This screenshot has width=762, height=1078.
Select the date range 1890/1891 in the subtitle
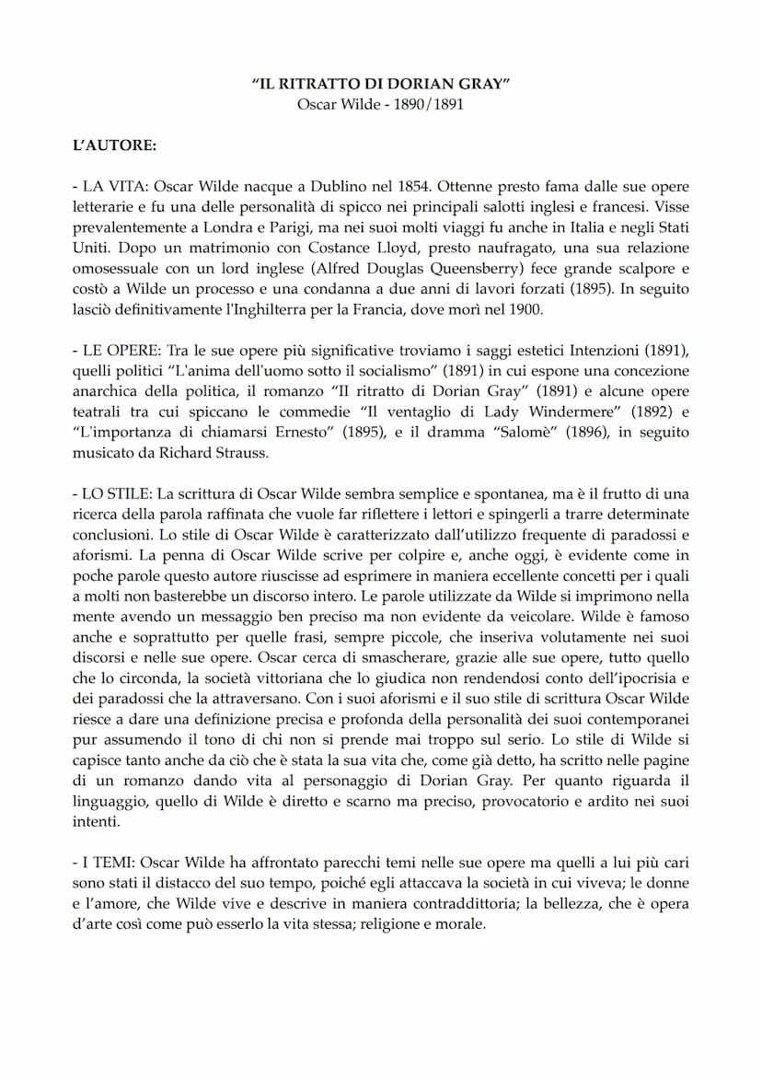[x=430, y=104]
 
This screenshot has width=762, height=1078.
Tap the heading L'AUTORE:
[x=115, y=145]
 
